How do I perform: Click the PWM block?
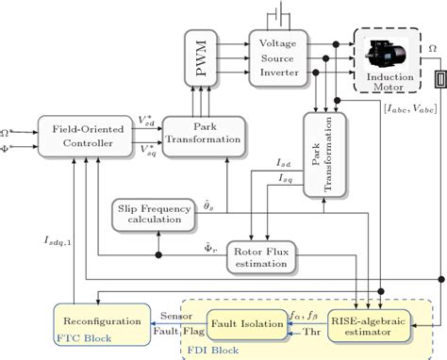point(203,57)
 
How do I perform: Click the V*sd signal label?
point(147,120)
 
